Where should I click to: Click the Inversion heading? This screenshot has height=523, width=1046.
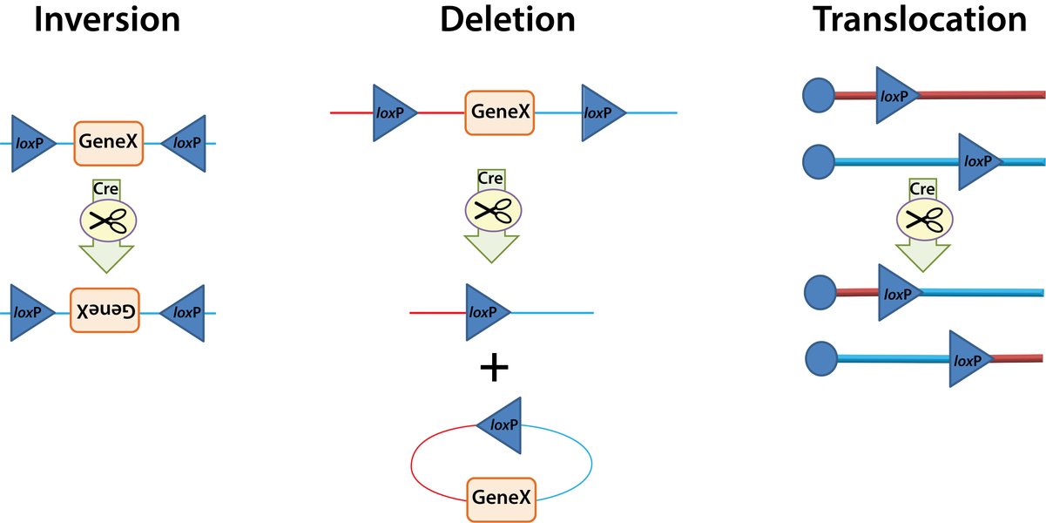click(107, 19)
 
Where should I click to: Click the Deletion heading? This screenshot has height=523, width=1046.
click(508, 19)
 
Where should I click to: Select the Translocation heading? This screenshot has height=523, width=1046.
click(920, 19)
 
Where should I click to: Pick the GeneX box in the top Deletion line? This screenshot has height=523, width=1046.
click(500, 112)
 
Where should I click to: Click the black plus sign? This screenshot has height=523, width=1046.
click(494, 368)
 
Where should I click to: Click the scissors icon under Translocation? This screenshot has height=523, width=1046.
click(921, 220)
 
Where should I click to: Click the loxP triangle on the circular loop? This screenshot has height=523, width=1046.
click(502, 425)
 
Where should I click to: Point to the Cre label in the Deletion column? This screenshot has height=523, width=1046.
click(491, 179)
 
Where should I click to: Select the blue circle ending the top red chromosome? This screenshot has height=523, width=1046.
click(816, 94)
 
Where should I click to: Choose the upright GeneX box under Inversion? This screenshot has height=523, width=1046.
click(107, 142)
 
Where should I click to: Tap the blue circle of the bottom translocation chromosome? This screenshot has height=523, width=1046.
click(820, 357)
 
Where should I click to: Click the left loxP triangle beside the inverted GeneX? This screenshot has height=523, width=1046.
click(29, 311)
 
